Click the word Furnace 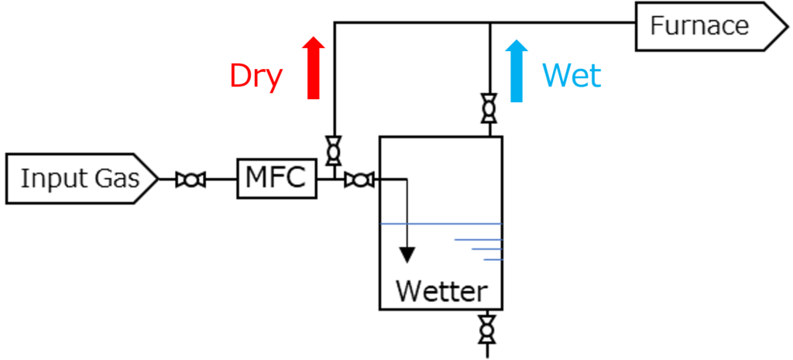pos(699,26)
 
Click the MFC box pos(276,179)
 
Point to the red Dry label pos(256,77)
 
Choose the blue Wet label pos(572,76)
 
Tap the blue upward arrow pos(517,70)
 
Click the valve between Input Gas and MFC pos(190,180)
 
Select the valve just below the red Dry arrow pos(334,150)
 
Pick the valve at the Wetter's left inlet pos(358,180)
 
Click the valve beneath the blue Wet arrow pos(489,108)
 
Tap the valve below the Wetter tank pos(486,329)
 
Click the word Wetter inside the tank pos(441,291)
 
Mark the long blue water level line pos(441,224)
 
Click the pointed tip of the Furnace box pos(781,26)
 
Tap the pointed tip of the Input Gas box pos(153,179)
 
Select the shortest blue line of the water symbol pos(494,259)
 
